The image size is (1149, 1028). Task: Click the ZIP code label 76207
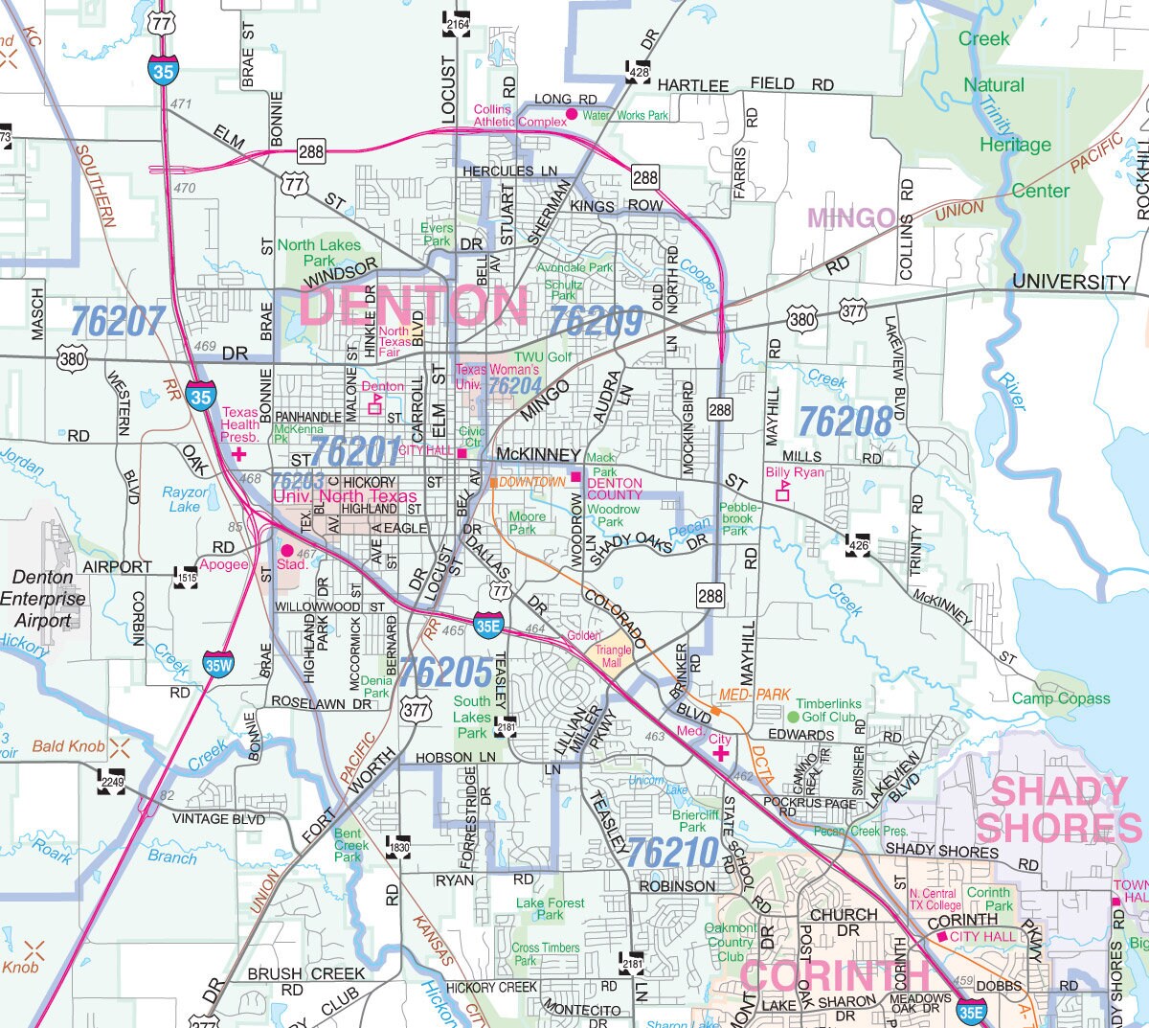[118, 322]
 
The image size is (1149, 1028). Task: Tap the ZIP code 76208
[845, 420]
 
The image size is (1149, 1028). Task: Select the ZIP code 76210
[673, 852]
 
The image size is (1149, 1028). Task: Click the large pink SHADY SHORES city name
[1059, 810]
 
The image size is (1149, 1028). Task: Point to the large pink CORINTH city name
[834, 976]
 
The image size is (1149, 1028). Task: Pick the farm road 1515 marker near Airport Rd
[186, 576]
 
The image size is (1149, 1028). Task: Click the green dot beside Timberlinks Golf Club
[793, 717]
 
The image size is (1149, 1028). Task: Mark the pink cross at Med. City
[719, 754]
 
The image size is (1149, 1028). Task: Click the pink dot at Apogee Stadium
[286, 551]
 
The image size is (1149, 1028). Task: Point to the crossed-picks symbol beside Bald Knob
[121, 746]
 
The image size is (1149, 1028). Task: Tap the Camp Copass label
[1061, 698]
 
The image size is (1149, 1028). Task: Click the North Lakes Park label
[319, 253]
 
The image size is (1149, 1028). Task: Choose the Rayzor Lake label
[184, 499]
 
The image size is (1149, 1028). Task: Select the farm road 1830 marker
[398, 846]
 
